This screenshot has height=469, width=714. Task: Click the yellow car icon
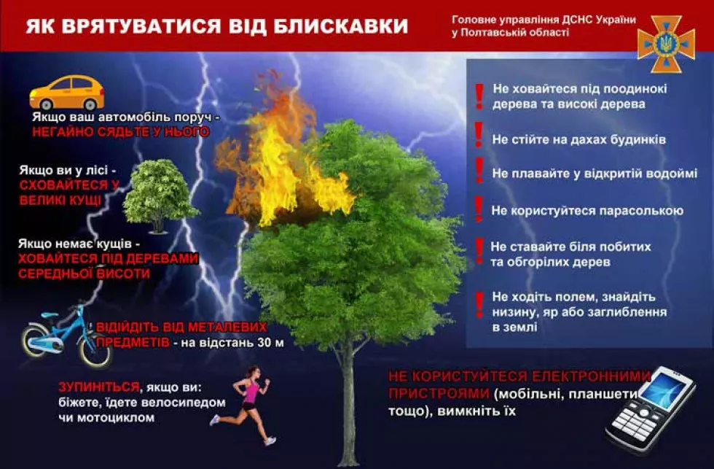pos(67,92)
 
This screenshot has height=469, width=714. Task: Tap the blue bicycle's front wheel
pos(94,349)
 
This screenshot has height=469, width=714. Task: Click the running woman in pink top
pos(246,404)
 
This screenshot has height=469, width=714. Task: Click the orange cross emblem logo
pos(666,44)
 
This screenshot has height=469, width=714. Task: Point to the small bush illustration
pos(158,196)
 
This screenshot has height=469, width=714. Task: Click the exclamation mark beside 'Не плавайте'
pos(479,170)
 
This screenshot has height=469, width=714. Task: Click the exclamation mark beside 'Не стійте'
pos(479,134)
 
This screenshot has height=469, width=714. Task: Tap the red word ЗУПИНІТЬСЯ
pos(99,387)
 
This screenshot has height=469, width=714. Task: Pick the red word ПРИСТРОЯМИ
pos(439,393)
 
